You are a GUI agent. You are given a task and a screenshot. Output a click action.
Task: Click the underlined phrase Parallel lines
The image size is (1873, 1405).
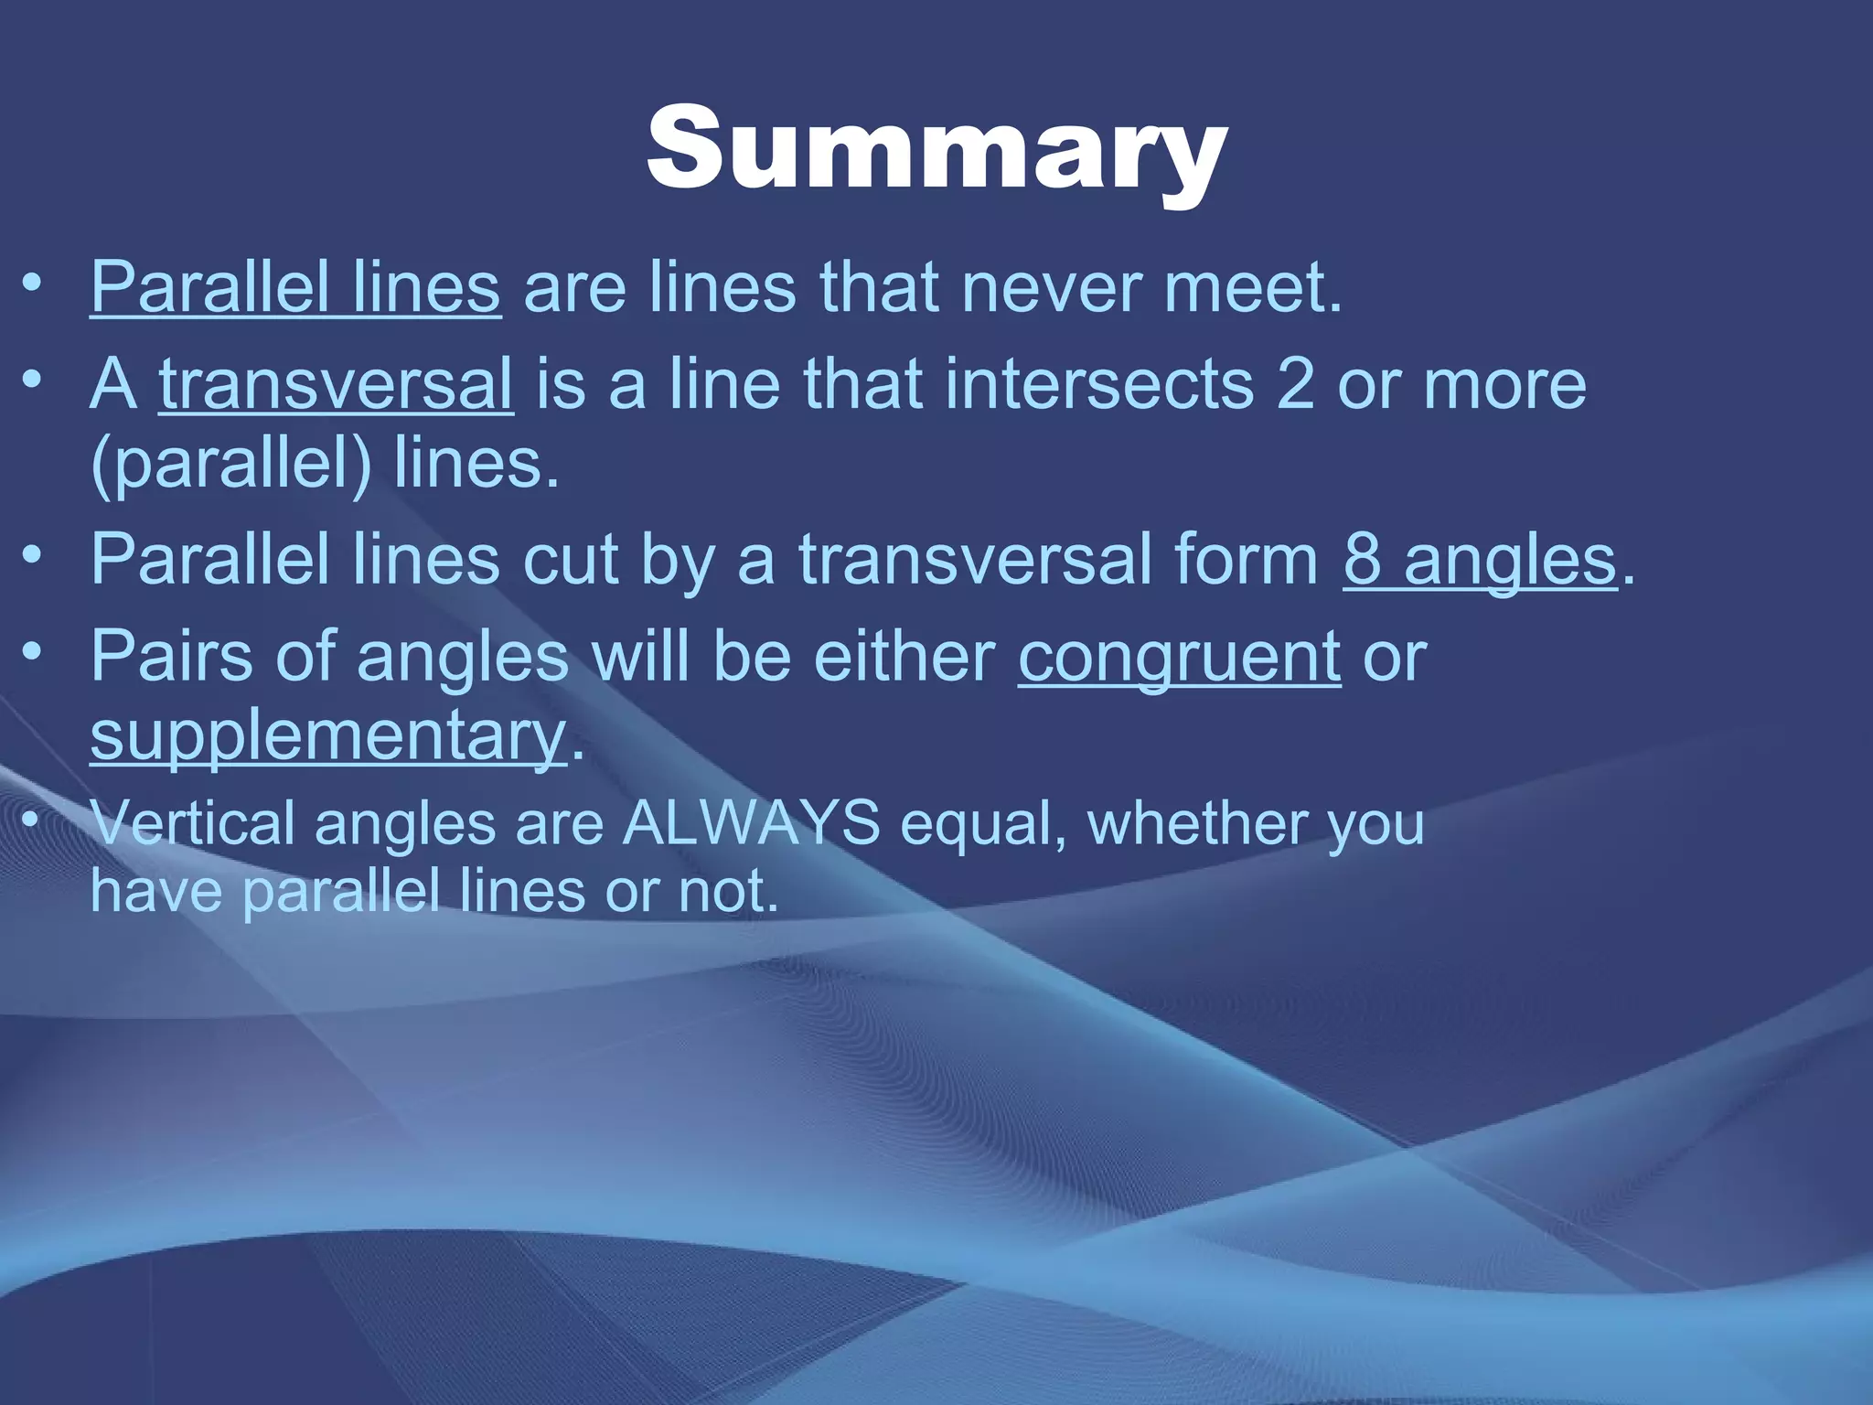(295, 288)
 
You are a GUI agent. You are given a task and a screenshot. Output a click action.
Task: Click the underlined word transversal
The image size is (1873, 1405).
(336, 384)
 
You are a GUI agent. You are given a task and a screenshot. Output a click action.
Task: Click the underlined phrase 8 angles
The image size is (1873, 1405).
(1480, 560)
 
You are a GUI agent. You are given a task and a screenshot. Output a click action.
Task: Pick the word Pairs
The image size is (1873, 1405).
(171, 657)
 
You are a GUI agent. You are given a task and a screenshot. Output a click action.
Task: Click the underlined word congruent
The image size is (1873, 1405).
(1179, 657)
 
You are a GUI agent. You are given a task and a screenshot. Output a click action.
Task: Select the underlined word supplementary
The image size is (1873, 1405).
(328, 736)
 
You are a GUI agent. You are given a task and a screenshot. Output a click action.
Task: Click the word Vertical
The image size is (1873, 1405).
(192, 823)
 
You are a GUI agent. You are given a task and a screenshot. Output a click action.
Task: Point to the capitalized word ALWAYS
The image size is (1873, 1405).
(751, 823)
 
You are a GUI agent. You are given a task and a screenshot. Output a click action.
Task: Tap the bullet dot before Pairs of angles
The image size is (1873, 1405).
(33, 650)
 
